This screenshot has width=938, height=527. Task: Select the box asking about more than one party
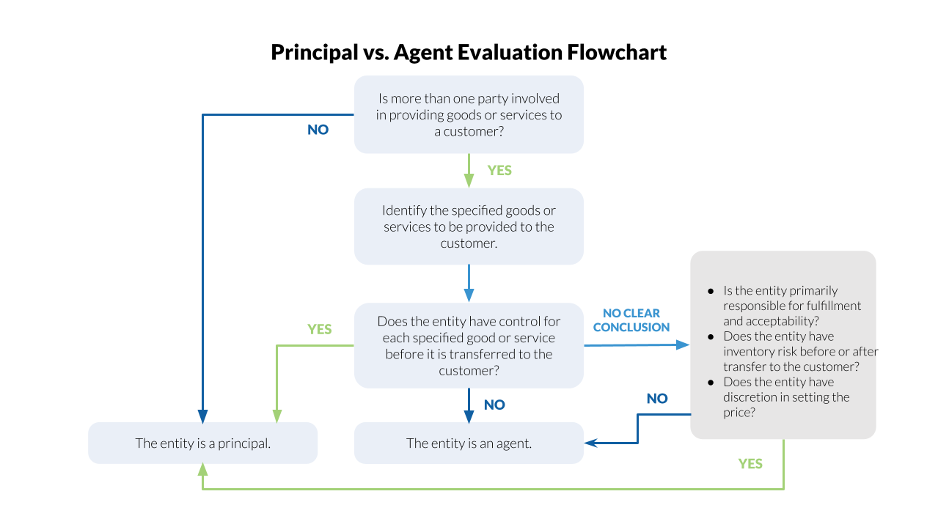coord(469,114)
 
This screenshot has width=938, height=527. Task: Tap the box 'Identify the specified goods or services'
coord(469,226)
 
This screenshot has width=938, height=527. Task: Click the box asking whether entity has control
coord(469,346)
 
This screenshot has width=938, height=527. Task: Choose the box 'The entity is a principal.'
coord(203,443)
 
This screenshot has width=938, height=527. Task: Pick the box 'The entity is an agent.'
coord(469,443)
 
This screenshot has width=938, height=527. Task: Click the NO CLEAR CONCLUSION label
coord(631,320)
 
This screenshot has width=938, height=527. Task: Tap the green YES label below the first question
coord(499,170)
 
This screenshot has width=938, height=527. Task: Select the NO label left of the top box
coord(318,130)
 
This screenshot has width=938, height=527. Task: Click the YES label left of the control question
coord(319,329)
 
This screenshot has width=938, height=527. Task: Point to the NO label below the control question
coord(494,405)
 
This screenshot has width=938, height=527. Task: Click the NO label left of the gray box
coord(656,399)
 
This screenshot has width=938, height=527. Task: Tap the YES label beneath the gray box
coord(750,463)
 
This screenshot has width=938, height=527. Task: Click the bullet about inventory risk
coord(791,351)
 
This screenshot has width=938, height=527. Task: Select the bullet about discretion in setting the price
coord(785,397)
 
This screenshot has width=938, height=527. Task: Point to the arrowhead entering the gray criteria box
coord(684,344)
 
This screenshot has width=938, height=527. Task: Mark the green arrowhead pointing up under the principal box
coord(203,471)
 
